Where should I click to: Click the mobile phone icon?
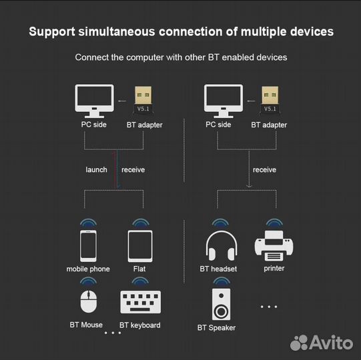(x=88, y=245)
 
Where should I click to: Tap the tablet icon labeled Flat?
(x=139, y=245)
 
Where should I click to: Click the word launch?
(x=96, y=170)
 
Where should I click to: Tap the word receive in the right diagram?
(x=264, y=170)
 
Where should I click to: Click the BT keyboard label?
(x=139, y=325)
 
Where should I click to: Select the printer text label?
(x=274, y=268)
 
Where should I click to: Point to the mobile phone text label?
(x=88, y=269)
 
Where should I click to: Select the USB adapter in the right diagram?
(x=270, y=100)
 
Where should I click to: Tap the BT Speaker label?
(x=216, y=327)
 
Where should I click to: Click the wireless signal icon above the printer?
(x=274, y=223)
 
